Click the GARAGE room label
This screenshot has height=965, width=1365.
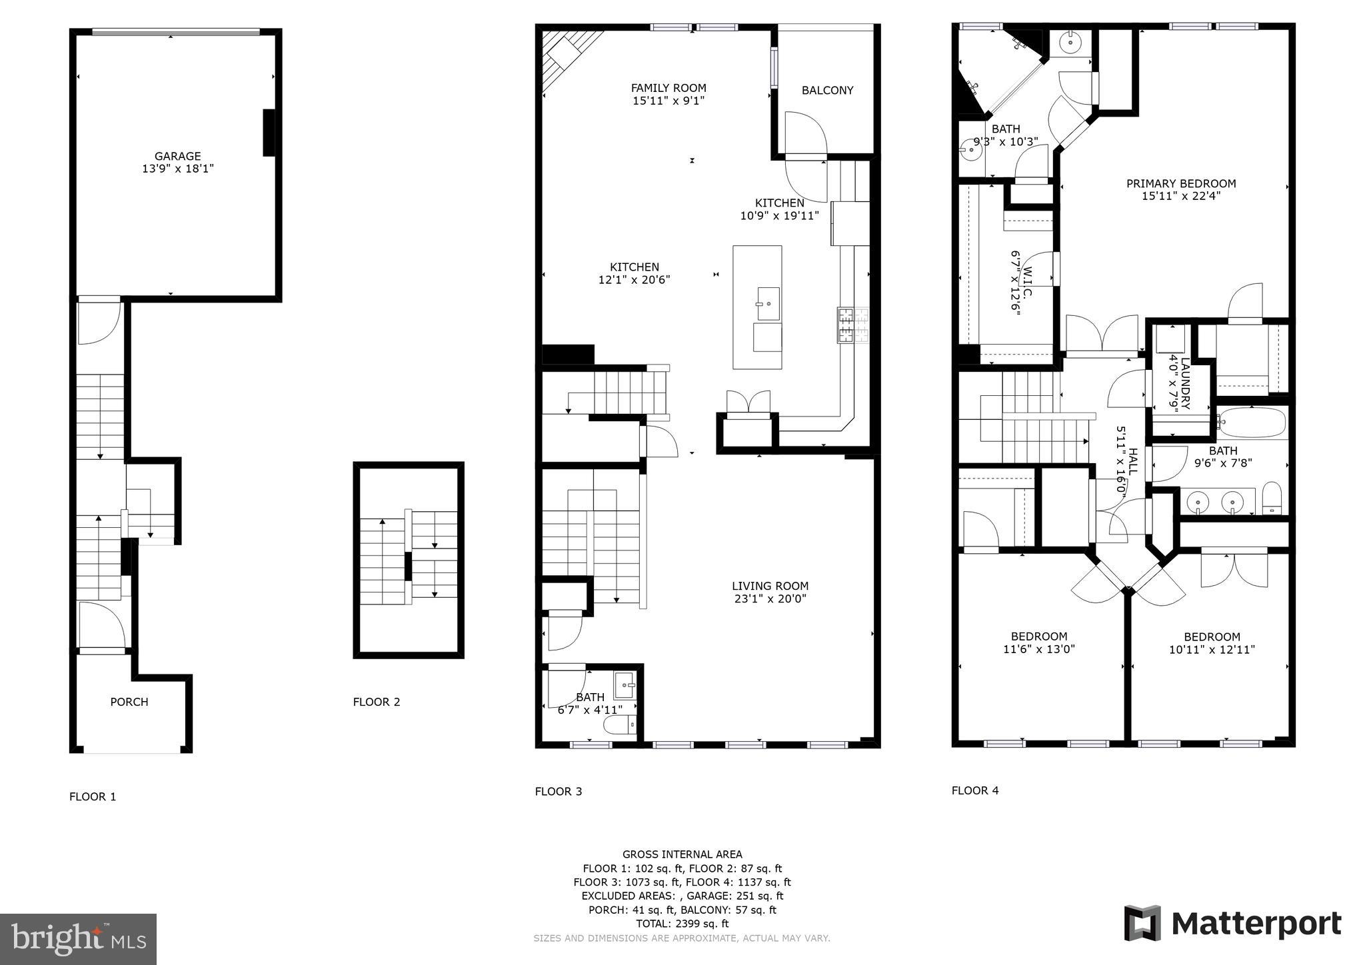[177, 157]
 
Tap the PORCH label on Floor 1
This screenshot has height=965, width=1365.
[129, 702]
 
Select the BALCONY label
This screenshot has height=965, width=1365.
[827, 91]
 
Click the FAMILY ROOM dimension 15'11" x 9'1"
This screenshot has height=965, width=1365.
[669, 101]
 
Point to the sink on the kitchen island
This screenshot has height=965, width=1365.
[768, 304]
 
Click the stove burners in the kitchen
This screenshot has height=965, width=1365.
[853, 325]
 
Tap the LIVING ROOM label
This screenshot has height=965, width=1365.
[770, 586]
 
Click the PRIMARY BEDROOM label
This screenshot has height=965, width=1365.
[1180, 184]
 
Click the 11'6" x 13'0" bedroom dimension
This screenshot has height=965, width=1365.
[1038, 649]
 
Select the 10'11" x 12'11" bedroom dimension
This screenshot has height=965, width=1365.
[1212, 650]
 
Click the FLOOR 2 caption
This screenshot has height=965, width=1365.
[377, 702]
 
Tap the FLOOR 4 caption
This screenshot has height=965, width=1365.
[974, 790]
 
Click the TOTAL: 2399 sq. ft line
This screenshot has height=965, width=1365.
[682, 924]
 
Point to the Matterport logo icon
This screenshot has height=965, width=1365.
[1142, 923]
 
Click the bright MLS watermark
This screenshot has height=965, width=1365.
[78, 940]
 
